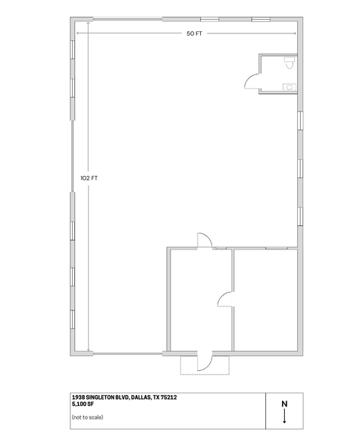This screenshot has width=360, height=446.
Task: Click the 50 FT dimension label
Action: click(193, 34)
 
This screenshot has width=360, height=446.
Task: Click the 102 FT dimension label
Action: click(89, 178)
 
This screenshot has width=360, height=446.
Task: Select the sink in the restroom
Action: click(290, 87)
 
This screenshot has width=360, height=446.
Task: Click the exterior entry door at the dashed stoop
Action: click(203, 361)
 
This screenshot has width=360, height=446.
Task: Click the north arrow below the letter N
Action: click(284, 416)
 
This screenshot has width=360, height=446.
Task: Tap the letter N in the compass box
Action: click(284, 404)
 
